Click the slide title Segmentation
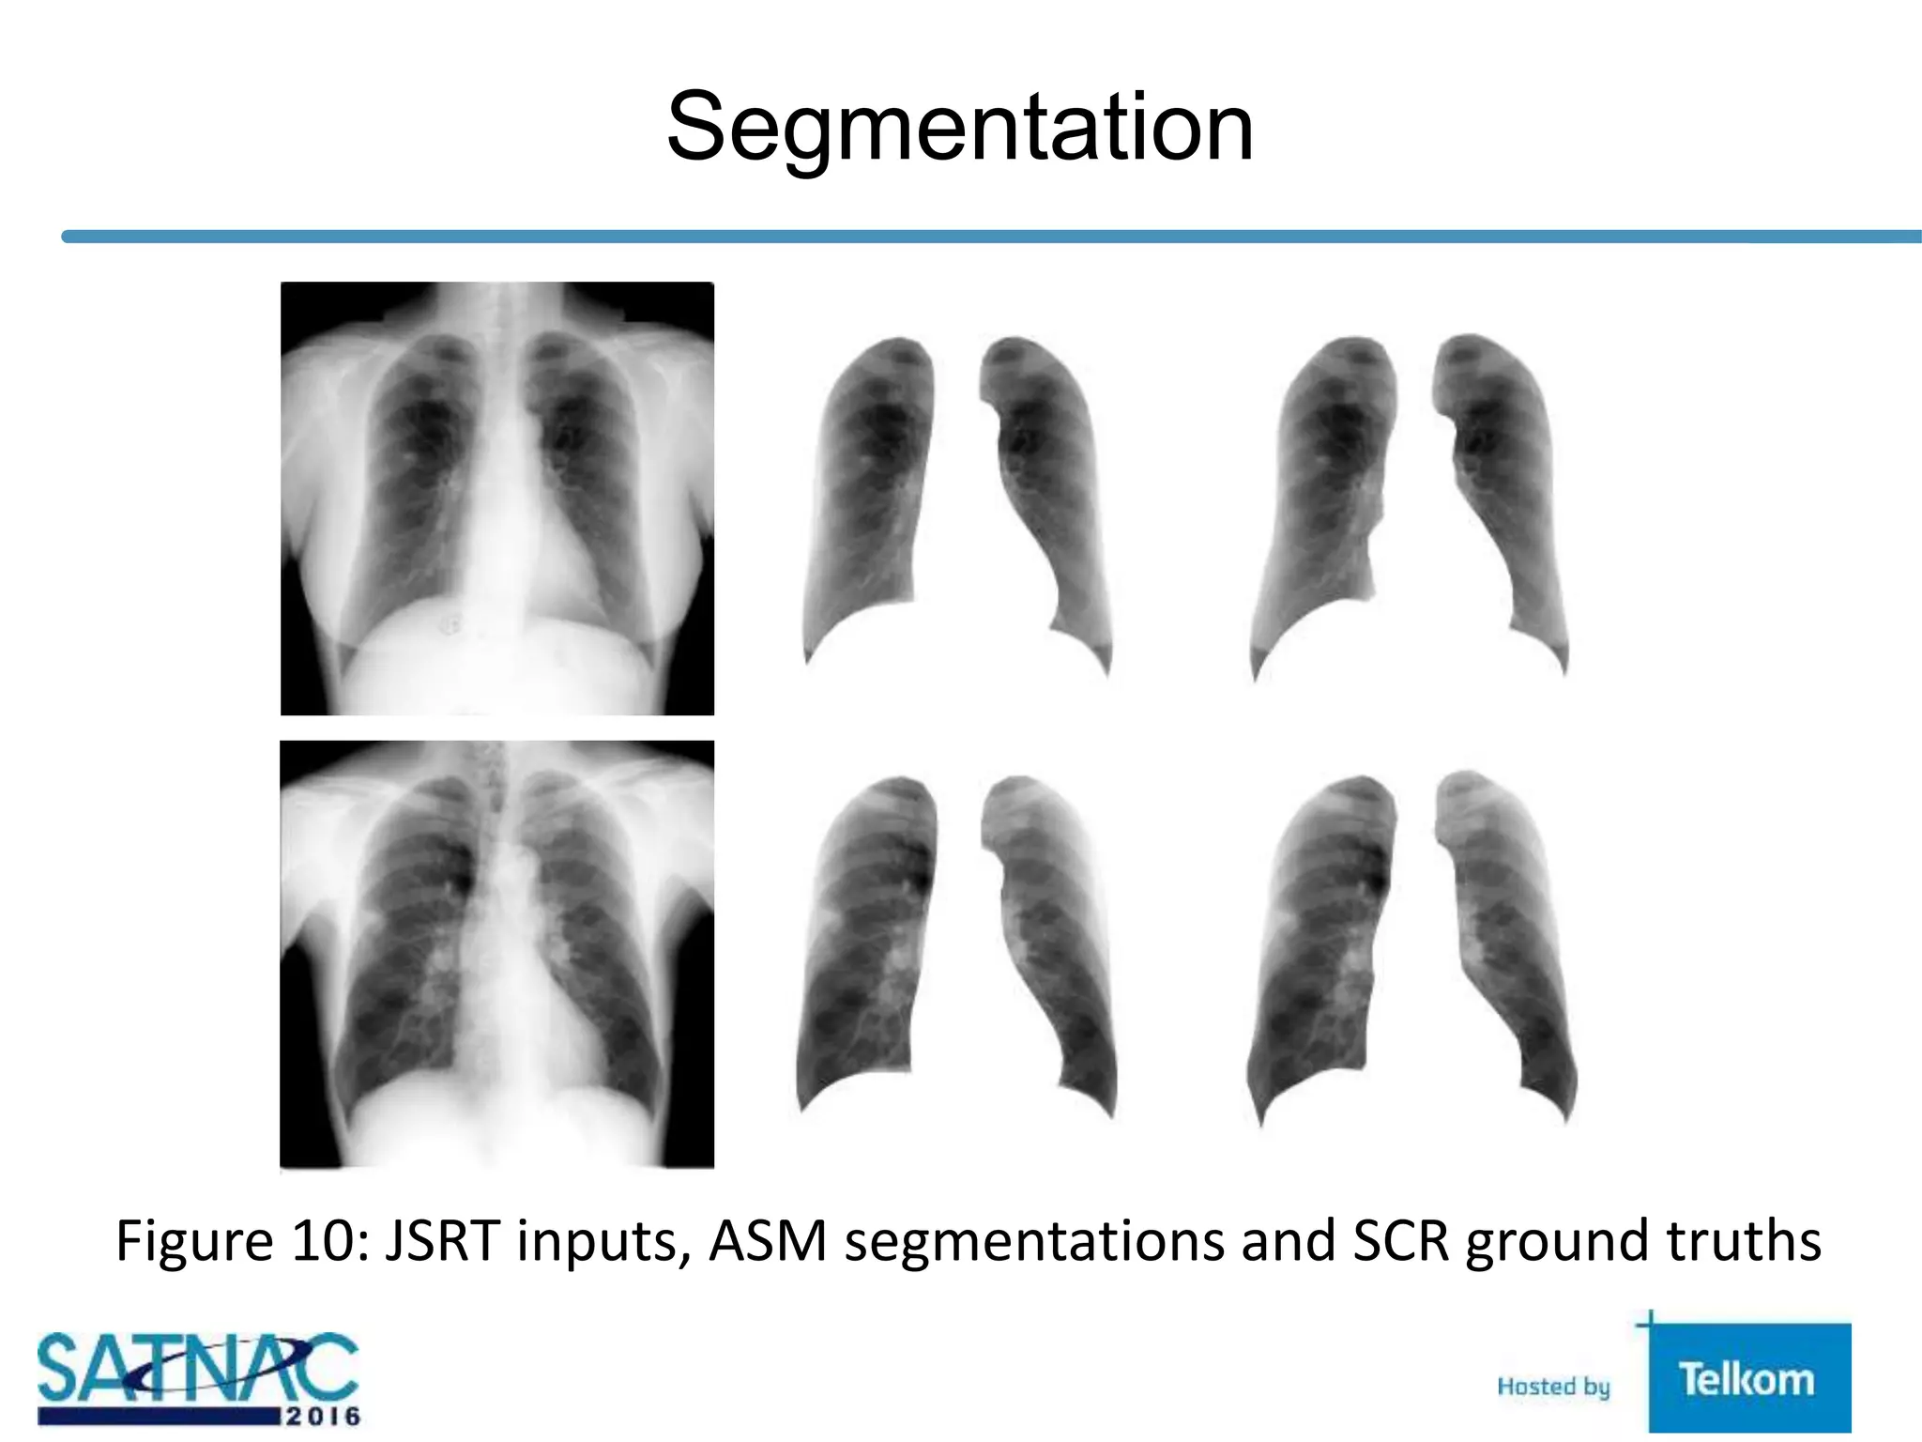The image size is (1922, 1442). pyautogui.click(x=959, y=128)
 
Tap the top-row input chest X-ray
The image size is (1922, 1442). pyautogui.click(x=496, y=498)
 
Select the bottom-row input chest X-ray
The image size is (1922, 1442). pyautogui.click(x=496, y=954)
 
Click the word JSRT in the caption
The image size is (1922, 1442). pyautogui.click(x=441, y=1240)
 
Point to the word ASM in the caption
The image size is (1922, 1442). pyautogui.click(x=768, y=1240)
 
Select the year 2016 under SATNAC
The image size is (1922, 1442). pyautogui.click(x=322, y=1416)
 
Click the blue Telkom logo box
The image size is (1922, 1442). pyautogui.click(x=1748, y=1378)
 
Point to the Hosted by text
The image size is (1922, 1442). pyautogui.click(x=1553, y=1387)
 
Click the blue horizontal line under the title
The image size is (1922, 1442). pyautogui.click(x=985, y=237)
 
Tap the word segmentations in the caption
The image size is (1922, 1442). pyautogui.click(x=1034, y=1242)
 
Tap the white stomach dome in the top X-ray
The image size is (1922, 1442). pyautogui.click(x=497, y=667)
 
